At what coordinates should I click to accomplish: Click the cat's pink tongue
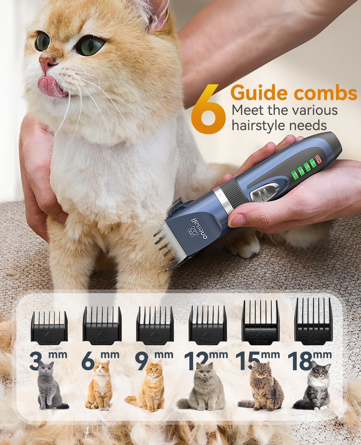[48, 83]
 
